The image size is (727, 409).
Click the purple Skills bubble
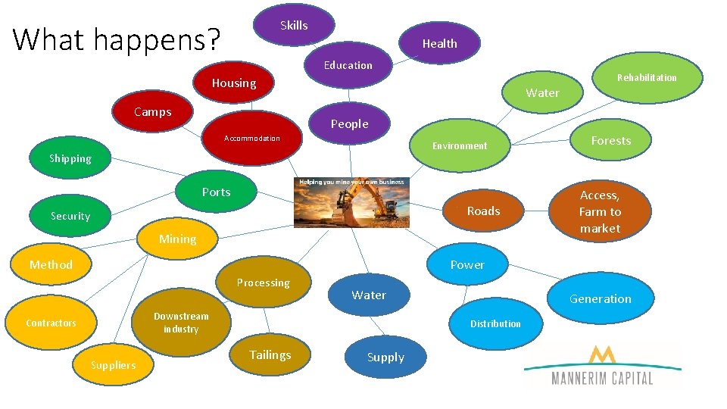[x=294, y=26]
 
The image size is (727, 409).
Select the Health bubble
[x=439, y=44]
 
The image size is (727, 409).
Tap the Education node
[x=348, y=66]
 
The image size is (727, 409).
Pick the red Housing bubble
[x=234, y=83]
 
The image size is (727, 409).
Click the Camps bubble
[x=153, y=112]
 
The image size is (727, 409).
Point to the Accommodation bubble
[x=252, y=139]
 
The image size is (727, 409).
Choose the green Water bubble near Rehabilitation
[x=542, y=93]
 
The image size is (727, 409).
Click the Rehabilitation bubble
[x=647, y=77]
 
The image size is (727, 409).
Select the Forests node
[x=610, y=141]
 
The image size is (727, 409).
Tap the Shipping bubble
[x=70, y=159]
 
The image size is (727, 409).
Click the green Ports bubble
[x=216, y=192]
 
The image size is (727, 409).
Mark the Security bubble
[x=70, y=217]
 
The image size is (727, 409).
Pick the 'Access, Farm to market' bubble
[x=600, y=212]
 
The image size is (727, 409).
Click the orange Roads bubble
[x=482, y=211]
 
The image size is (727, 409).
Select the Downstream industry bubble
[x=181, y=323]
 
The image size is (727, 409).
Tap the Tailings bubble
[x=270, y=355]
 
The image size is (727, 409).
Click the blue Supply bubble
[x=385, y=357]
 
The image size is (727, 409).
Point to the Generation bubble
[x=600, y=299]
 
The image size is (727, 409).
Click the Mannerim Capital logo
[x=602, y=366]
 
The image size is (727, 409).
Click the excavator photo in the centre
[x=351, y=202]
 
